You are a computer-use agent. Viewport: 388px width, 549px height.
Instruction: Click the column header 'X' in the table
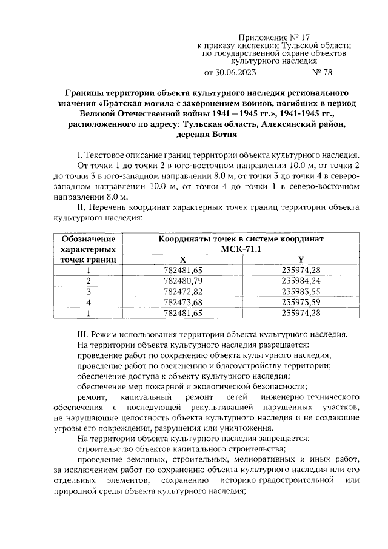click(183, 259)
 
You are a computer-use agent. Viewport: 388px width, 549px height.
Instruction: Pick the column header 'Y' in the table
click(301, 259)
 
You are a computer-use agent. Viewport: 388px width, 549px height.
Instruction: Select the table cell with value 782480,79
click(183, 280)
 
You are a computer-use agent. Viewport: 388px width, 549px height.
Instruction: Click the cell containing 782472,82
click(183, 291)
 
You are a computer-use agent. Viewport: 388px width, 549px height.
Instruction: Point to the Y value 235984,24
click(301, 280)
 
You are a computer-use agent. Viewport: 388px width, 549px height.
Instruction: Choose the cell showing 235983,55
click(301, 291)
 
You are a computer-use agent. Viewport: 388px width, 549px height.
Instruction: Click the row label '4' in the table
click(89, 302)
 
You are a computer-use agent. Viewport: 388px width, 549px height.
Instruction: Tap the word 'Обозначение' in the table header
click(89, 238)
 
